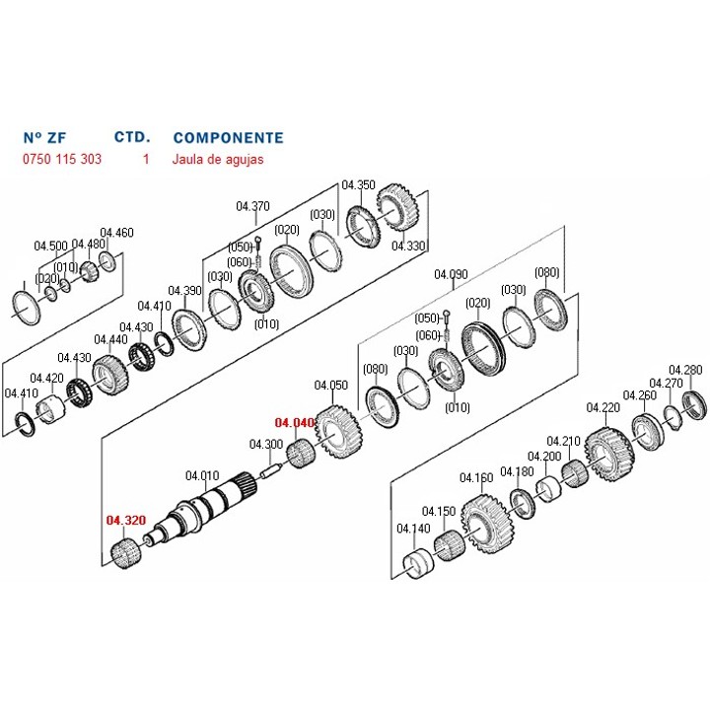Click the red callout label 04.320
126,521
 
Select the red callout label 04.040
294,422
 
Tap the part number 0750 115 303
62,159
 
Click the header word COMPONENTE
228,138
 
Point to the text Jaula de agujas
217,160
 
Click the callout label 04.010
202,476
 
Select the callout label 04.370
252,206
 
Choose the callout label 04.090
451,274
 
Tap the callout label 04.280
685,370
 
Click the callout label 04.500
50,246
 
